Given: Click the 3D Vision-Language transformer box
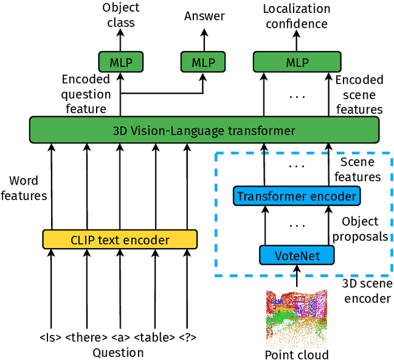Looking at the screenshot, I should [x=204, y=130].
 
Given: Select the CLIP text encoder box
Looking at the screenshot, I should [x=120, y=239].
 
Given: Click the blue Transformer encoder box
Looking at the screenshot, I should [x=296, y=196].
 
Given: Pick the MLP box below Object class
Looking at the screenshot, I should [x=121, y=63].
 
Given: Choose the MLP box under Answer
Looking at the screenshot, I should [x=203, y=63].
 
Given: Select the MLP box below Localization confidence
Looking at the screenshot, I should [x=297, y=63].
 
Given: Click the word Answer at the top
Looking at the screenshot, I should [x=204, y=16].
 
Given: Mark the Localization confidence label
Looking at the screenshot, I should [x=296, y=17].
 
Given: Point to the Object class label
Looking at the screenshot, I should [x=121, y=15].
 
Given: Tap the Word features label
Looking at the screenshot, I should [x=24, y=188].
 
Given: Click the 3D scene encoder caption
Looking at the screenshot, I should [x=367, y=290].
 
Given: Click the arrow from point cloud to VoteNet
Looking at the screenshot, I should [x=297, y=276].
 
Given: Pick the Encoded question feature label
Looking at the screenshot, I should [x=86, y=94].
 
